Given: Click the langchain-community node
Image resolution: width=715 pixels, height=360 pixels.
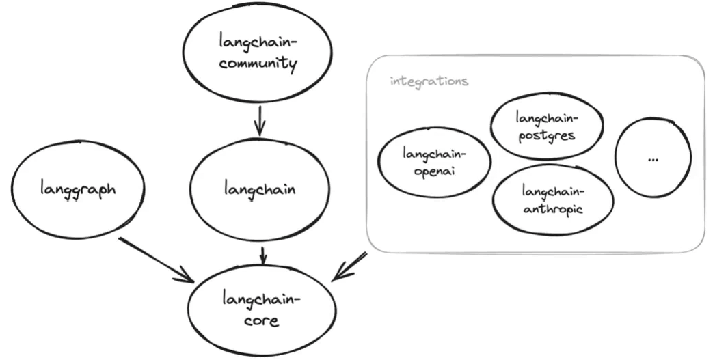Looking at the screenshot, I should tap(258, 53).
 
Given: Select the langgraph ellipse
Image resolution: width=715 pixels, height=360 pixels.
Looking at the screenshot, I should tap(78, 189).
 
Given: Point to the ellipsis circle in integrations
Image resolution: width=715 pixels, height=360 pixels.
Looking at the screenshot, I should tap(652, 158).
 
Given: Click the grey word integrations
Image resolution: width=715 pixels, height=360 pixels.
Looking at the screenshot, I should tap(429, 81).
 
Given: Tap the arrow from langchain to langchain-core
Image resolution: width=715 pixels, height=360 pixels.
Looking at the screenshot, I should tap(262, 255).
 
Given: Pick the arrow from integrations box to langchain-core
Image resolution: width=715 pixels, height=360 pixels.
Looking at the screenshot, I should tap(350, 267).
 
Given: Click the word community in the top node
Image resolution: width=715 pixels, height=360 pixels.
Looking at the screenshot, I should tap(258, 65).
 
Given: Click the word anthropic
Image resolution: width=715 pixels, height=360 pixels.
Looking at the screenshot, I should tap(552, 208).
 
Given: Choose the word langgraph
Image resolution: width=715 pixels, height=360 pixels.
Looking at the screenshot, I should tap(78, 189).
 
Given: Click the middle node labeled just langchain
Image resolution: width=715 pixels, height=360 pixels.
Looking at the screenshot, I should tap(260, 189).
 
